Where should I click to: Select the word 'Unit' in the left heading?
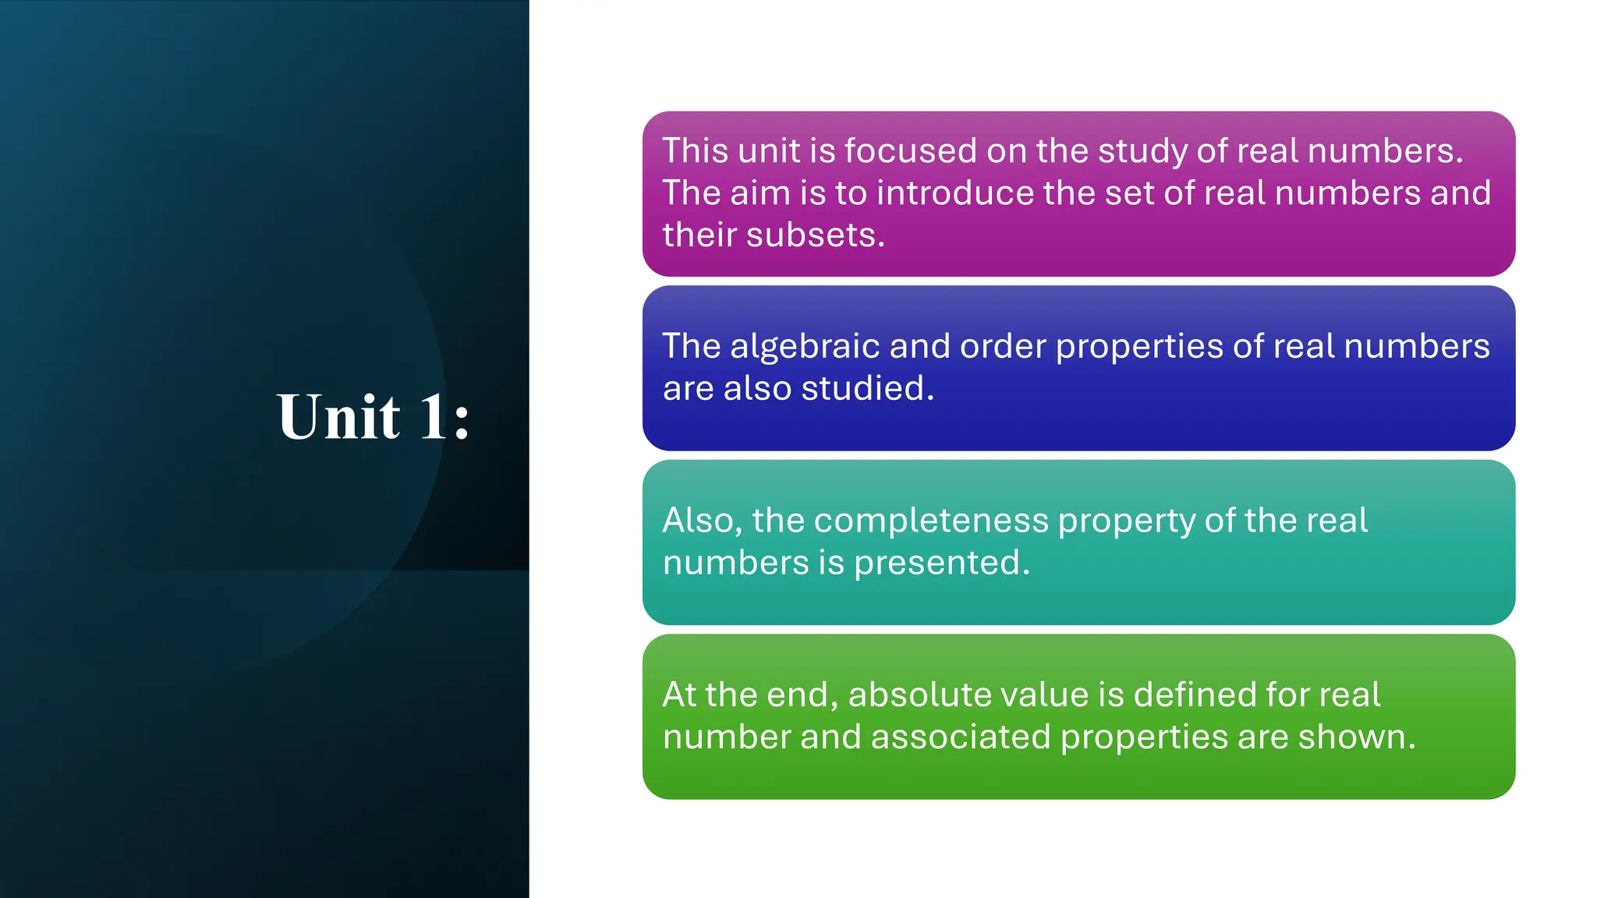[338, 417]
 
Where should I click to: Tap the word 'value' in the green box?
[1041, 695]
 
